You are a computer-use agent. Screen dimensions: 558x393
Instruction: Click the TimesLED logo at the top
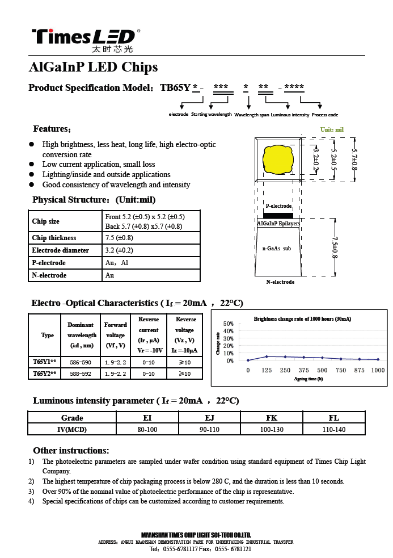point(83,37)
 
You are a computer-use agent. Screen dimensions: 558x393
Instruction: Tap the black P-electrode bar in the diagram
point(278,215)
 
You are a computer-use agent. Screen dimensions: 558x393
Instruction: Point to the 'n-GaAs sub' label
point(277,248)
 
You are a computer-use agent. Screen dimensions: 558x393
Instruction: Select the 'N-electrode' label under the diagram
point(280,282)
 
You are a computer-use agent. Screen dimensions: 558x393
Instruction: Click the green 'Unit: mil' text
point(332,130)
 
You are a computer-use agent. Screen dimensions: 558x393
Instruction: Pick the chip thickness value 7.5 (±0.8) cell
point(120,238)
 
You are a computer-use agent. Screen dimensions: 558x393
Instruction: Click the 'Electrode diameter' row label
point(61,250)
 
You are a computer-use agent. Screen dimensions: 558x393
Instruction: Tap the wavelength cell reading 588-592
point(81,374)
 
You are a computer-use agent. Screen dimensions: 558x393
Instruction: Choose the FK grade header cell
point(272,418)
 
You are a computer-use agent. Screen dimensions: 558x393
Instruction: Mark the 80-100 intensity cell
point(147,430)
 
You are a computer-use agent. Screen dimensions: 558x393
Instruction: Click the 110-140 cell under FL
point(333,430)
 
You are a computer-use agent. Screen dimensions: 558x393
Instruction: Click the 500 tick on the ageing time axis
point(322,370)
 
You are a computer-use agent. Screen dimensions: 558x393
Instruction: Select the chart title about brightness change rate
point(302,319)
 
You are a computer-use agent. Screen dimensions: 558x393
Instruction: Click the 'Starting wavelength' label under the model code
point(212,115)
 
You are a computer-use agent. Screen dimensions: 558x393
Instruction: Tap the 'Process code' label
point(325,115)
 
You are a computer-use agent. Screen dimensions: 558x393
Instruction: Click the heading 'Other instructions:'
point(71,451)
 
